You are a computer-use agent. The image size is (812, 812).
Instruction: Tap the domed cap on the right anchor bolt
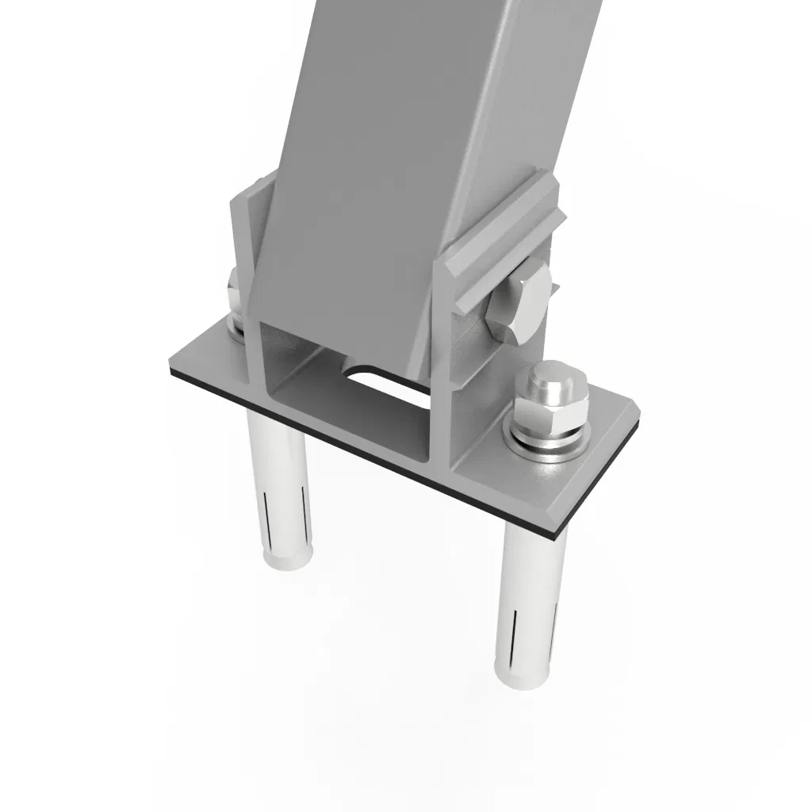tap(553, 382)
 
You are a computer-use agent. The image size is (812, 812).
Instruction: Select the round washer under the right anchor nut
tap(547, 443)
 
